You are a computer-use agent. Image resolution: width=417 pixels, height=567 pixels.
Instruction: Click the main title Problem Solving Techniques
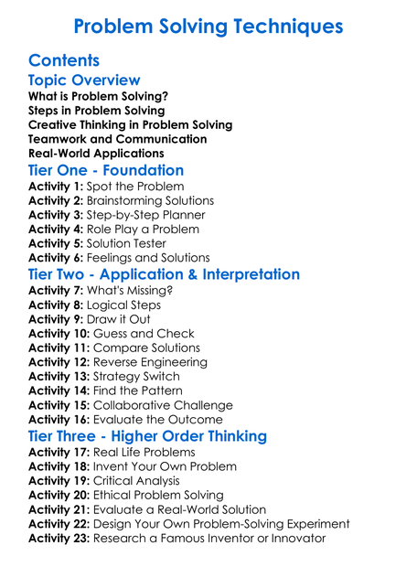click(x=208, y=26)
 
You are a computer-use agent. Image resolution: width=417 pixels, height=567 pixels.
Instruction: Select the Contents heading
click(x=64, y=61)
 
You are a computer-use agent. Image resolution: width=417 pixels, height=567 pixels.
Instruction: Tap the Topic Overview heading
click(x=84, y=81)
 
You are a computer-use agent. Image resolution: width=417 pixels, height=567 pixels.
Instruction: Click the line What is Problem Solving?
click(x=98, y=96)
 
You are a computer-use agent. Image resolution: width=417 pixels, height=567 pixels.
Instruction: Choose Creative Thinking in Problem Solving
click(x=130, y=124)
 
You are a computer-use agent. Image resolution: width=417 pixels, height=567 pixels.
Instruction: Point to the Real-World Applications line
click(x=96, y=153)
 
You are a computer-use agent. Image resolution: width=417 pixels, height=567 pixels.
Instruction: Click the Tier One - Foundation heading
click(x=106, y=171)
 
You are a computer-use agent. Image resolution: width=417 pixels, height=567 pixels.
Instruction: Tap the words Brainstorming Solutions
click(x=150, y=200)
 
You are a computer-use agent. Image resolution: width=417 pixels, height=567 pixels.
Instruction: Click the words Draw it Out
click(x=118, y=319)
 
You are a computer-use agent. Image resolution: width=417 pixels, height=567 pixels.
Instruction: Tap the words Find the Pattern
click(x=136, y=390)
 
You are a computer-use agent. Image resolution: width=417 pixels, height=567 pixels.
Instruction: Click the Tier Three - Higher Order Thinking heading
click(x=147, y=436)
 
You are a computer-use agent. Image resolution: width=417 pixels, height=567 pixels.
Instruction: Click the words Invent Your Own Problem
click(x=163, y=466)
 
